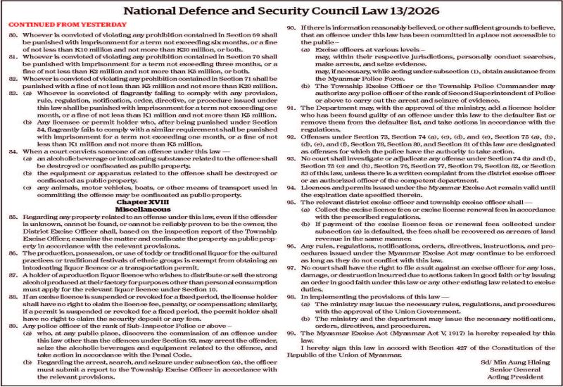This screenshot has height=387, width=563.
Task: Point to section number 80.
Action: pyautogui.click(x=12, y=34)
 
